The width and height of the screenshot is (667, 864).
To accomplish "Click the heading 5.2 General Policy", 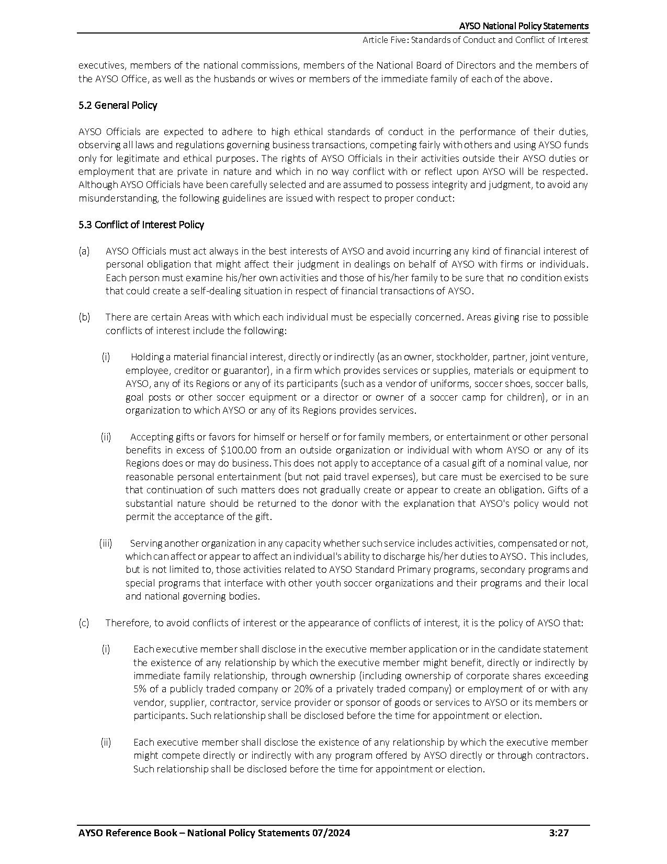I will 118,105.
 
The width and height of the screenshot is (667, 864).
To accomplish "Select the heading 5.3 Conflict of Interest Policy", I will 141,225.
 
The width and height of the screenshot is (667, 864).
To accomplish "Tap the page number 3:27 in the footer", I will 559,833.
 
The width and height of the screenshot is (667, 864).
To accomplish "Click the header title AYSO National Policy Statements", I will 524,26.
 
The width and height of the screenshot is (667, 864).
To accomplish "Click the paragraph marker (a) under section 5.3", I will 84,251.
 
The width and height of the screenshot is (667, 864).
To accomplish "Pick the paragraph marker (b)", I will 84,317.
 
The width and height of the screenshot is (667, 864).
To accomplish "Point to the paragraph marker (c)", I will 84,623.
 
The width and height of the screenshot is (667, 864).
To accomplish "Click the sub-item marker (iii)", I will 106,543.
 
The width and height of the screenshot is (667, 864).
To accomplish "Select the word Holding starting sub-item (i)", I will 147,357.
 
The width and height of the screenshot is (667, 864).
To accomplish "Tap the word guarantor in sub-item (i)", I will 243,371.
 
